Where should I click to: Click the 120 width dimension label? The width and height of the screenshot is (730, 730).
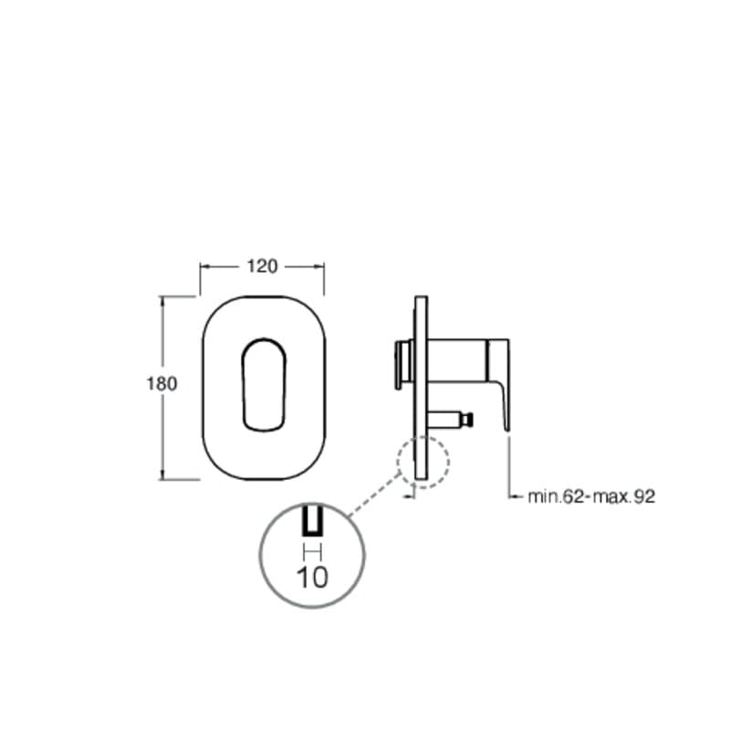(x=262, y=266)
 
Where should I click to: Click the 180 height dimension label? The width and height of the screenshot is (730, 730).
(x=162, y=384)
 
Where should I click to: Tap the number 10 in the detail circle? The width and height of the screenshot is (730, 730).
(x=312, y=578)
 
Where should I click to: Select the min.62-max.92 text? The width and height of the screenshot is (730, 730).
(x=591, y=496)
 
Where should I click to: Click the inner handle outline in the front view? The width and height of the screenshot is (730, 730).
(x=242, y=384)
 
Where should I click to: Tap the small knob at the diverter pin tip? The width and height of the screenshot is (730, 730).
(x=469, y=420)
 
